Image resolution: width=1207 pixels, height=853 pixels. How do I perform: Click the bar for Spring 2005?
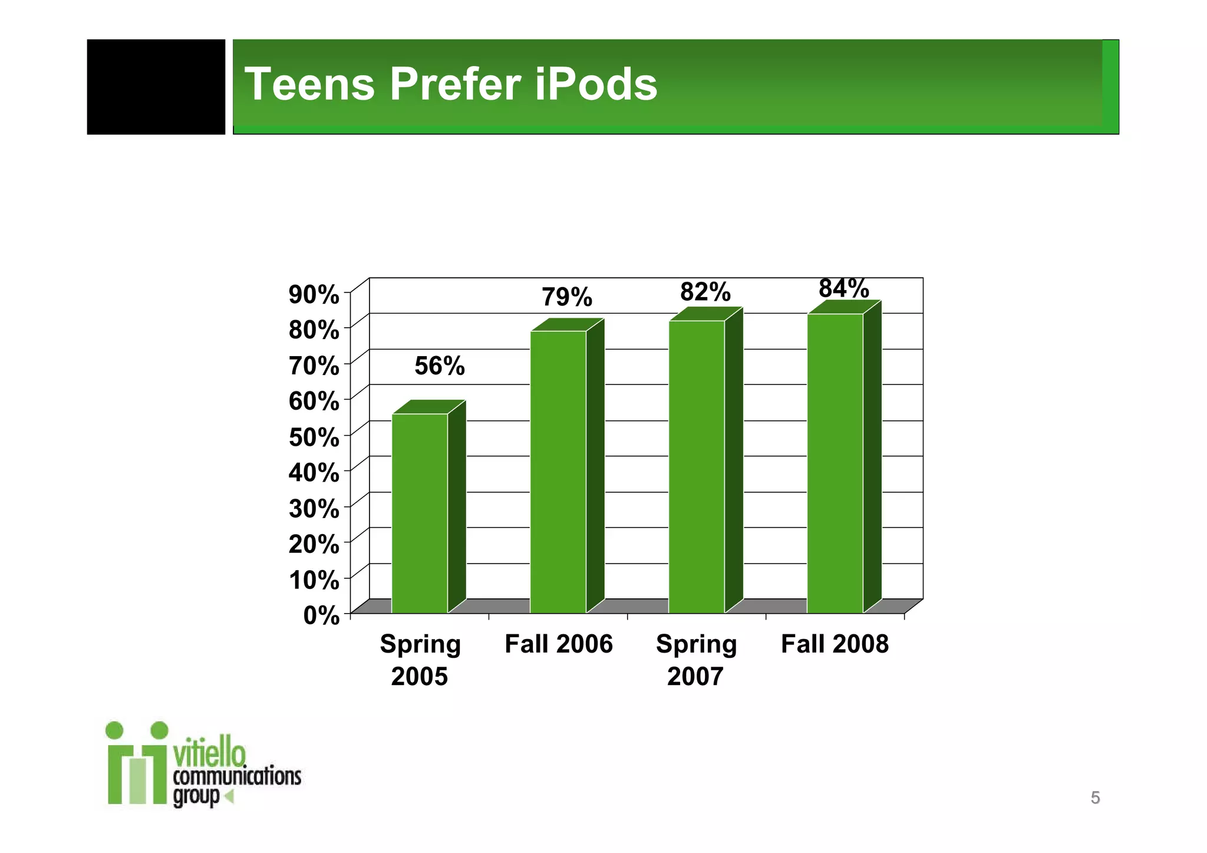click(x=420, y=513)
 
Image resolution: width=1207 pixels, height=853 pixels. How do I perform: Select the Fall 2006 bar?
click(x=558, y=472)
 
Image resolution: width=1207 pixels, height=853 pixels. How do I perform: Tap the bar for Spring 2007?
click(x=697, y=466)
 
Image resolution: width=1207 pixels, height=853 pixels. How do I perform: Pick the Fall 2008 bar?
click(x=835, y=463)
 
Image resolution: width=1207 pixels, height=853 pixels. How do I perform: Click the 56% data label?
click(x=440, y=366)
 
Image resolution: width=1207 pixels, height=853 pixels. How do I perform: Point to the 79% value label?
click(x=567, y=297)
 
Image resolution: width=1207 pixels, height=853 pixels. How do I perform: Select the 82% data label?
click(x=705, y=292)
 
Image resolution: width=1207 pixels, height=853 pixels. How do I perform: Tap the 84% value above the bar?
click(x=844, y=288)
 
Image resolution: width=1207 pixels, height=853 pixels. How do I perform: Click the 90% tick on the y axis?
click(x=314, y=294)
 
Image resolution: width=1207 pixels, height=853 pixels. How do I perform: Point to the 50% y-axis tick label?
click(x=314, y=437)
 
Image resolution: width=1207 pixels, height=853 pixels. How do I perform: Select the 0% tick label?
click(x=322, y=616)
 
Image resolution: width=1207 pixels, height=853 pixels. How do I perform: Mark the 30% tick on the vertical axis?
click(x=314, y=509)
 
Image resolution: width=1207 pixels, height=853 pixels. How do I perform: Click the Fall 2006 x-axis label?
click(x=559, y=644)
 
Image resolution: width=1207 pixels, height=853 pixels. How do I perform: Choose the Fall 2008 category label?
click(x=835, y=644)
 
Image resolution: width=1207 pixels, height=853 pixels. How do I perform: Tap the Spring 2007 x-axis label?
click(x=696, y=660)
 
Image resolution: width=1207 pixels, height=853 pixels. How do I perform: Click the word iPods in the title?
click(x=596, y=84)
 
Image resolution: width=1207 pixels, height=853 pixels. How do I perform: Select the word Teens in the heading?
click(x=309, y=84)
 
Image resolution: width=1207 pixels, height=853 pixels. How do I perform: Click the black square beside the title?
click(x=156, y=87)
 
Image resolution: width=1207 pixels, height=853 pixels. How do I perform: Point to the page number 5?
click(x=1095, y=798)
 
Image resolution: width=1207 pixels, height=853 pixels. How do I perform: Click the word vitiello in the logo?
click(x=209, y=753)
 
